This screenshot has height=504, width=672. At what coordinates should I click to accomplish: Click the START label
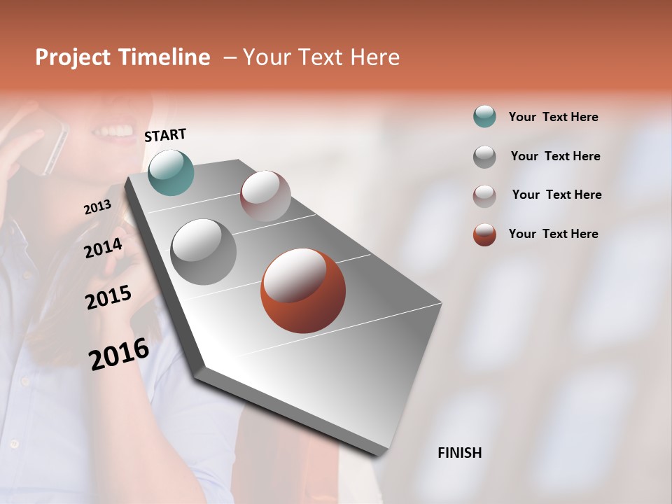(x=165, y=135)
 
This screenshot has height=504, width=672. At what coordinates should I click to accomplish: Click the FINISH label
(x=459, y=453)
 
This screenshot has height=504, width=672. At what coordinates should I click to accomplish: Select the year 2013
(x=97, y=207)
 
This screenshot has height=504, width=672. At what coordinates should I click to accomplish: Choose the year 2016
(x=119, y=353)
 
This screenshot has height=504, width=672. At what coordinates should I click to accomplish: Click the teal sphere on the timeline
(x=171, y=172)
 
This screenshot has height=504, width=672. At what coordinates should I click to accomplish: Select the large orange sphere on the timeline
(x=303, y=290)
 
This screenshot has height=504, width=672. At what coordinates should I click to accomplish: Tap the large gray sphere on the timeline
(x=204, y=251)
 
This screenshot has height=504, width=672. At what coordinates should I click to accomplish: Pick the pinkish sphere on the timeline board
(x=265, y=196)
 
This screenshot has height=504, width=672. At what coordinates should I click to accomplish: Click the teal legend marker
(x=484, y=116)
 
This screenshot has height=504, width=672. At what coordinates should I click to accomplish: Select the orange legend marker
(x=484, y=234)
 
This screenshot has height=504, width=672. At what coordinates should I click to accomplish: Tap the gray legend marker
(x=484, y=156)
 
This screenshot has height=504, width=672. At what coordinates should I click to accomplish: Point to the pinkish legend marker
(x=484, y=195)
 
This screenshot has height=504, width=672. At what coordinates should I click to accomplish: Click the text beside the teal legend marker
(x=553, y=117)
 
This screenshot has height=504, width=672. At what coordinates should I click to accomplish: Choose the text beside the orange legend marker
(x=553, y=234)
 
